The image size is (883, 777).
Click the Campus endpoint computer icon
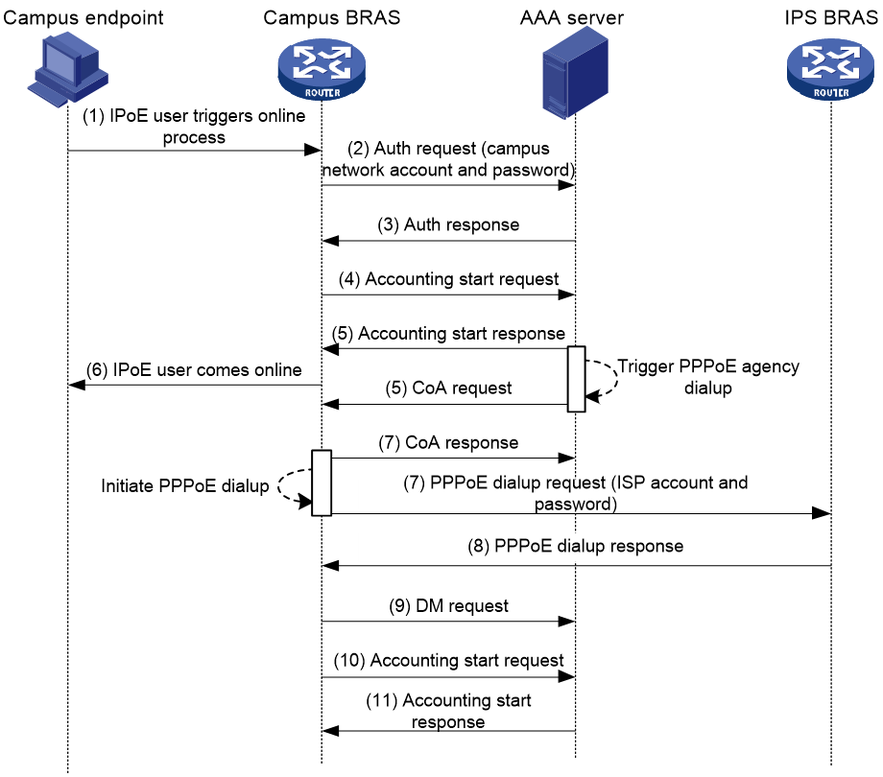[67, 69]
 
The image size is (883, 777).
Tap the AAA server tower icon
[575, 72]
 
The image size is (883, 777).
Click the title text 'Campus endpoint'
[84, 18]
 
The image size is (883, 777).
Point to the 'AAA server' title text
[572, 18]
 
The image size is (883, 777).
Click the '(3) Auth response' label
[448, 224]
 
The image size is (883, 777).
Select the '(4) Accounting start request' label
[448, 279]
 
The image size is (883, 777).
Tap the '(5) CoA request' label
[448, 388]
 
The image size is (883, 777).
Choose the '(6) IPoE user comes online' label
[194, 369]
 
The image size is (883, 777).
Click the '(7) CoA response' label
[448, 443]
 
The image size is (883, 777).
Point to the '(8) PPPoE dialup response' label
[575, 546]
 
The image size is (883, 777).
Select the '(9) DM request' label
[448, 606]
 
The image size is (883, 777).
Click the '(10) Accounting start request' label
[448, 661]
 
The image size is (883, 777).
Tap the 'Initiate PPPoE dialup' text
[184, 486]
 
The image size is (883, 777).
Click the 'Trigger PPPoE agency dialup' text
[708, 377]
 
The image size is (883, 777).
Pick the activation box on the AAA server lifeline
[576, 379]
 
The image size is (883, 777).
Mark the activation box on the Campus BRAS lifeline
[322, 483]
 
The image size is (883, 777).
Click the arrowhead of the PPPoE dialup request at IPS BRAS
[822, 512]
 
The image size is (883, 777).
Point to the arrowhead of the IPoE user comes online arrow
[77, 385]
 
